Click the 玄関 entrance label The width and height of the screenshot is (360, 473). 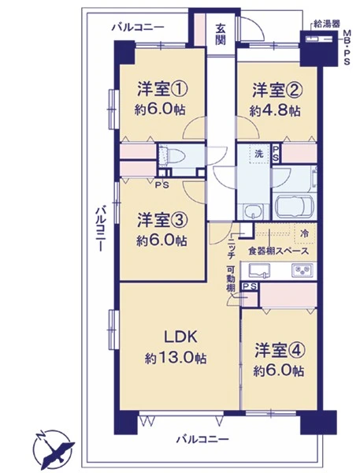221,34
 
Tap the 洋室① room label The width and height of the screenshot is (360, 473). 163,89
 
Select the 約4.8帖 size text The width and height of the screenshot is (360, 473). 275,111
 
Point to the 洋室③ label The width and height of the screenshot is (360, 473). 163,220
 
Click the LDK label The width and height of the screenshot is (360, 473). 180,337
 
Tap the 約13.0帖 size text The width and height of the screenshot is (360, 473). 176,359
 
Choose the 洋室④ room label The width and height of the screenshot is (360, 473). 280,351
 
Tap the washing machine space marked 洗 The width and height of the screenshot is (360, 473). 259,154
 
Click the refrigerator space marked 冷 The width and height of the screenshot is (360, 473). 305,233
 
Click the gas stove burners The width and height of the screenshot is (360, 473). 302,270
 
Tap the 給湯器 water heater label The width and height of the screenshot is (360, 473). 327,24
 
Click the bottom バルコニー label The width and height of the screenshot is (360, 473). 202,438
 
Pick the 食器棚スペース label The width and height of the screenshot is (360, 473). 278,251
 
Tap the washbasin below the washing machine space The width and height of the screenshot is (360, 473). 254,211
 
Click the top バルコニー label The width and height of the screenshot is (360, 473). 138,28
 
